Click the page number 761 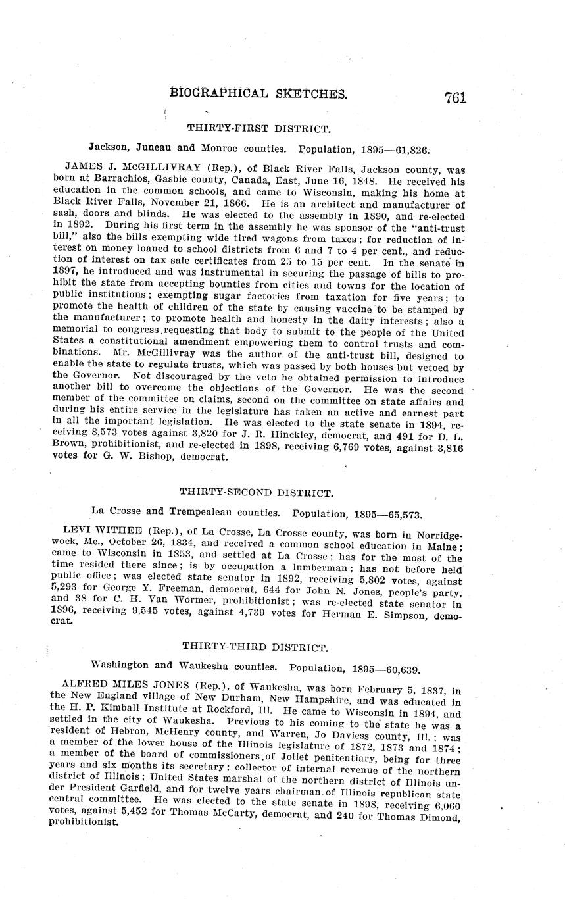pos(454,97)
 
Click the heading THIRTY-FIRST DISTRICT pos(258,128)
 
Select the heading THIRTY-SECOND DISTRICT pos(257,492)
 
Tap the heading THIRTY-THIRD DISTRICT pos(255,647)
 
